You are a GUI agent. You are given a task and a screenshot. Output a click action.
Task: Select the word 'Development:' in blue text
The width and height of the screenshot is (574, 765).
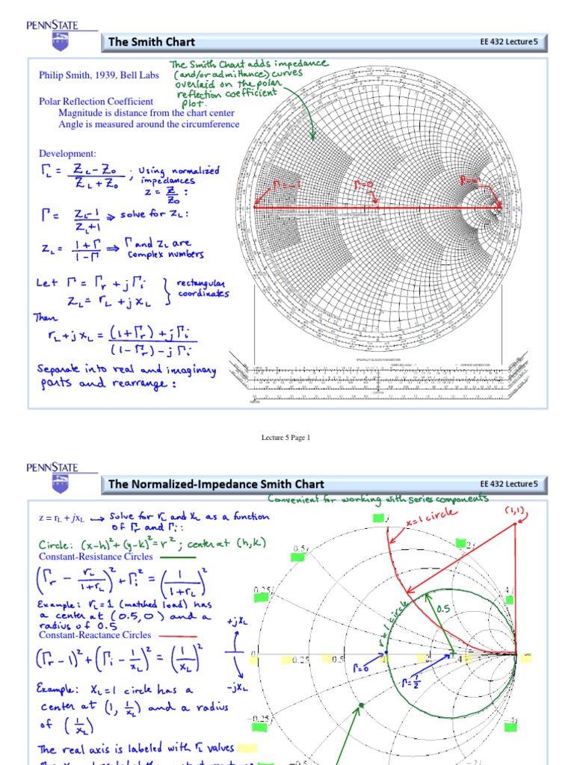[x=67, y=153]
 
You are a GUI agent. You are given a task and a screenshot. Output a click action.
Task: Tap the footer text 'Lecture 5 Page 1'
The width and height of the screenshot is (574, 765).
[x=285, y=438]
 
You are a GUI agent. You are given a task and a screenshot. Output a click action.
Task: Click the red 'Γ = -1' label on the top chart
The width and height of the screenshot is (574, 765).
[x=288, y=184]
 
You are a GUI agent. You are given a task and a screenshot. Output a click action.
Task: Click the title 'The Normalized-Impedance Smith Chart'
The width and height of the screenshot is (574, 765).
[x=216, y=484]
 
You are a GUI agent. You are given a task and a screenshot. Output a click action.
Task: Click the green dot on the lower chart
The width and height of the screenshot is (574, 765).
[x=359, y=704]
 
